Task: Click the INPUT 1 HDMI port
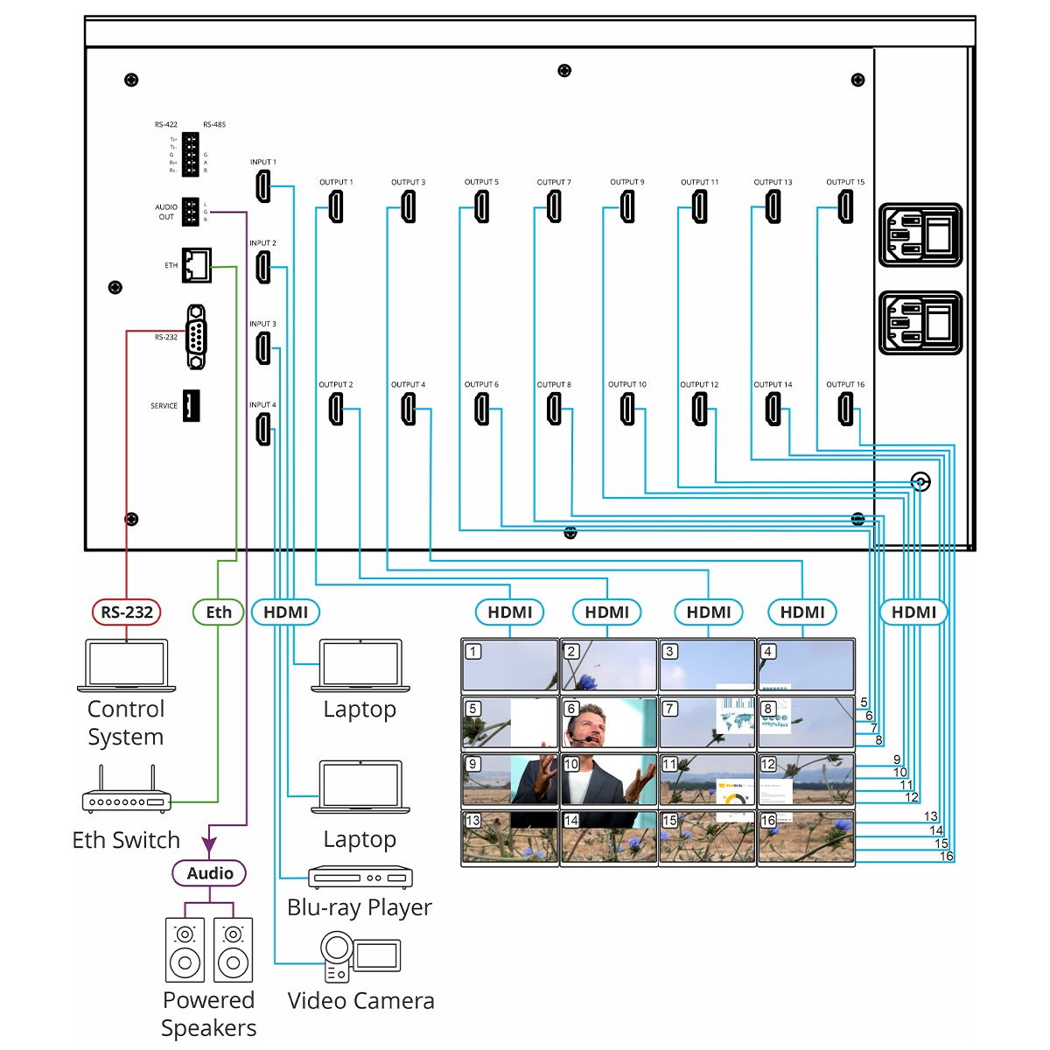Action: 262,186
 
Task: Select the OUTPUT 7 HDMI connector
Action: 554,207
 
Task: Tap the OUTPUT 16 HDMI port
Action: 845,409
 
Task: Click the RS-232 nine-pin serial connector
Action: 197,337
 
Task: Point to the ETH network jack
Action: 197,265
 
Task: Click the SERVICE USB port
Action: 192,406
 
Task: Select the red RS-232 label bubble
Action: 127,612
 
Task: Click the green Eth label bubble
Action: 219,612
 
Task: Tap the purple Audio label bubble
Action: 210,873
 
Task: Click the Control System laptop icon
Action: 126,666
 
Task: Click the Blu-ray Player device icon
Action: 360,877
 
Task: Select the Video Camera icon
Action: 360,955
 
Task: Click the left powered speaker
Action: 185,949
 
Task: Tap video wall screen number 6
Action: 608,723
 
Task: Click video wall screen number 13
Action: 509,837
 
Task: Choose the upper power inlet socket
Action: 920,235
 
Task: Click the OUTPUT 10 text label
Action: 627,385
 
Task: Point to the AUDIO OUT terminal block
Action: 190,212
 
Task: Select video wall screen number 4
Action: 805,666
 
